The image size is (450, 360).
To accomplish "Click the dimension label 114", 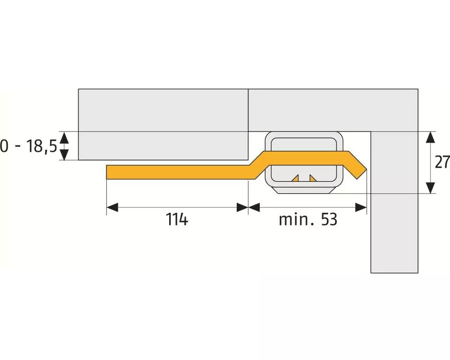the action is tap(177, 220).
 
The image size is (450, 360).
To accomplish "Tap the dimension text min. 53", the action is tap(308, 220).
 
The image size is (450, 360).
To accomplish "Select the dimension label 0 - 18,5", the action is tap(28, 146).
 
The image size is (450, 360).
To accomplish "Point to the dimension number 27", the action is tap(442, 162).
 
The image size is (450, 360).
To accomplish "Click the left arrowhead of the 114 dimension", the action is tap(112, 207).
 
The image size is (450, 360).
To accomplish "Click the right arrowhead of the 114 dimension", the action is tap(242, 207).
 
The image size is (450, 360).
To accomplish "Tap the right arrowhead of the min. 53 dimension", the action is tap(361, 207).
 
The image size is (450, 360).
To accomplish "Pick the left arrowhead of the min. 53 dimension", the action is tap(254, 207).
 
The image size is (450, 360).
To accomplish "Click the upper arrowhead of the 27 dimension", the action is tap(430, 137).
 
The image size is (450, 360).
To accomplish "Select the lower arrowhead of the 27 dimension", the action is tap(430, 188).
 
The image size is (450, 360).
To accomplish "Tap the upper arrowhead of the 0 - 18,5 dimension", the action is tap(64, 138).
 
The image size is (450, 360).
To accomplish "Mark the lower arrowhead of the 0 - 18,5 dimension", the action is tap(64, 154).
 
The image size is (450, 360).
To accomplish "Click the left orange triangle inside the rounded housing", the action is tap(295, 178).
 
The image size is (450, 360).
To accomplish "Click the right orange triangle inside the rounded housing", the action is tap(313, 178).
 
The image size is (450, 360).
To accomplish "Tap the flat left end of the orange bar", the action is tap(107, 172).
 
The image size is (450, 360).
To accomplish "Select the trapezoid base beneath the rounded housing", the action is tap(304, 190).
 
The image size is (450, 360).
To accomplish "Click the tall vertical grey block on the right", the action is tap(394, 202).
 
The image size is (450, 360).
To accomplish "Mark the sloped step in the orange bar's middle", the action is tap(260, 165).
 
